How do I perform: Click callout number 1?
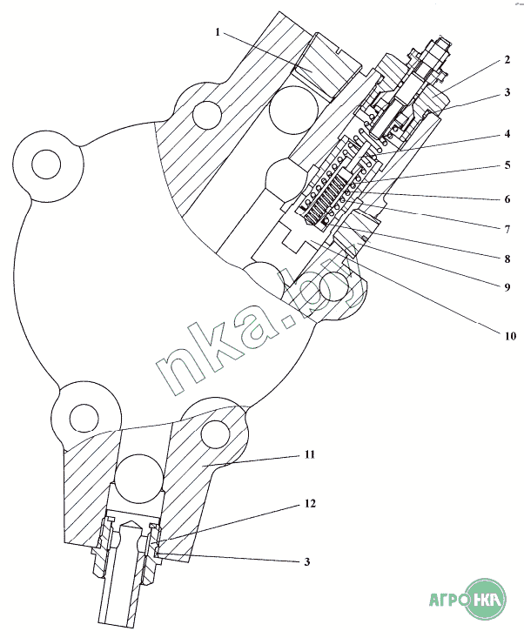tap(218, 33)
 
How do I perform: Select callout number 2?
tap(506, 62)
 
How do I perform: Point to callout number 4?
tap(506, 134)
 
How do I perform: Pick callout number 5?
tap(506, 165)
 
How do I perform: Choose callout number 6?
tap(506, 198)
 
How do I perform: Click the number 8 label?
tap(506, 259)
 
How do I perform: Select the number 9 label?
tap(506, 285)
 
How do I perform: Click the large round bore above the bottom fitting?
tap(139, 479)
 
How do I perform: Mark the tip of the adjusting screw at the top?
tap(443, 41)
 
